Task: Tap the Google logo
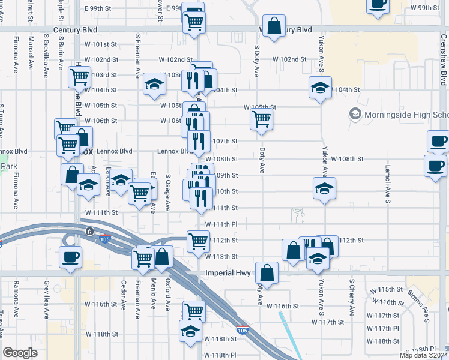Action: (x=20, y=353)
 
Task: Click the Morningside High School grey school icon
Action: (x=355, y=114)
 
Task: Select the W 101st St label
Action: (x=100, y=44)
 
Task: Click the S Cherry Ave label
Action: (x=351, y=297)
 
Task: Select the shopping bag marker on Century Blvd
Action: (x=274, y=27)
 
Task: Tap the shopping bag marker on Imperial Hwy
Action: (x=267, y=273)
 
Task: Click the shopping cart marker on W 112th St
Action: (x=198, y=242)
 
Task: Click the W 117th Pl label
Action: (x=382, y=328)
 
